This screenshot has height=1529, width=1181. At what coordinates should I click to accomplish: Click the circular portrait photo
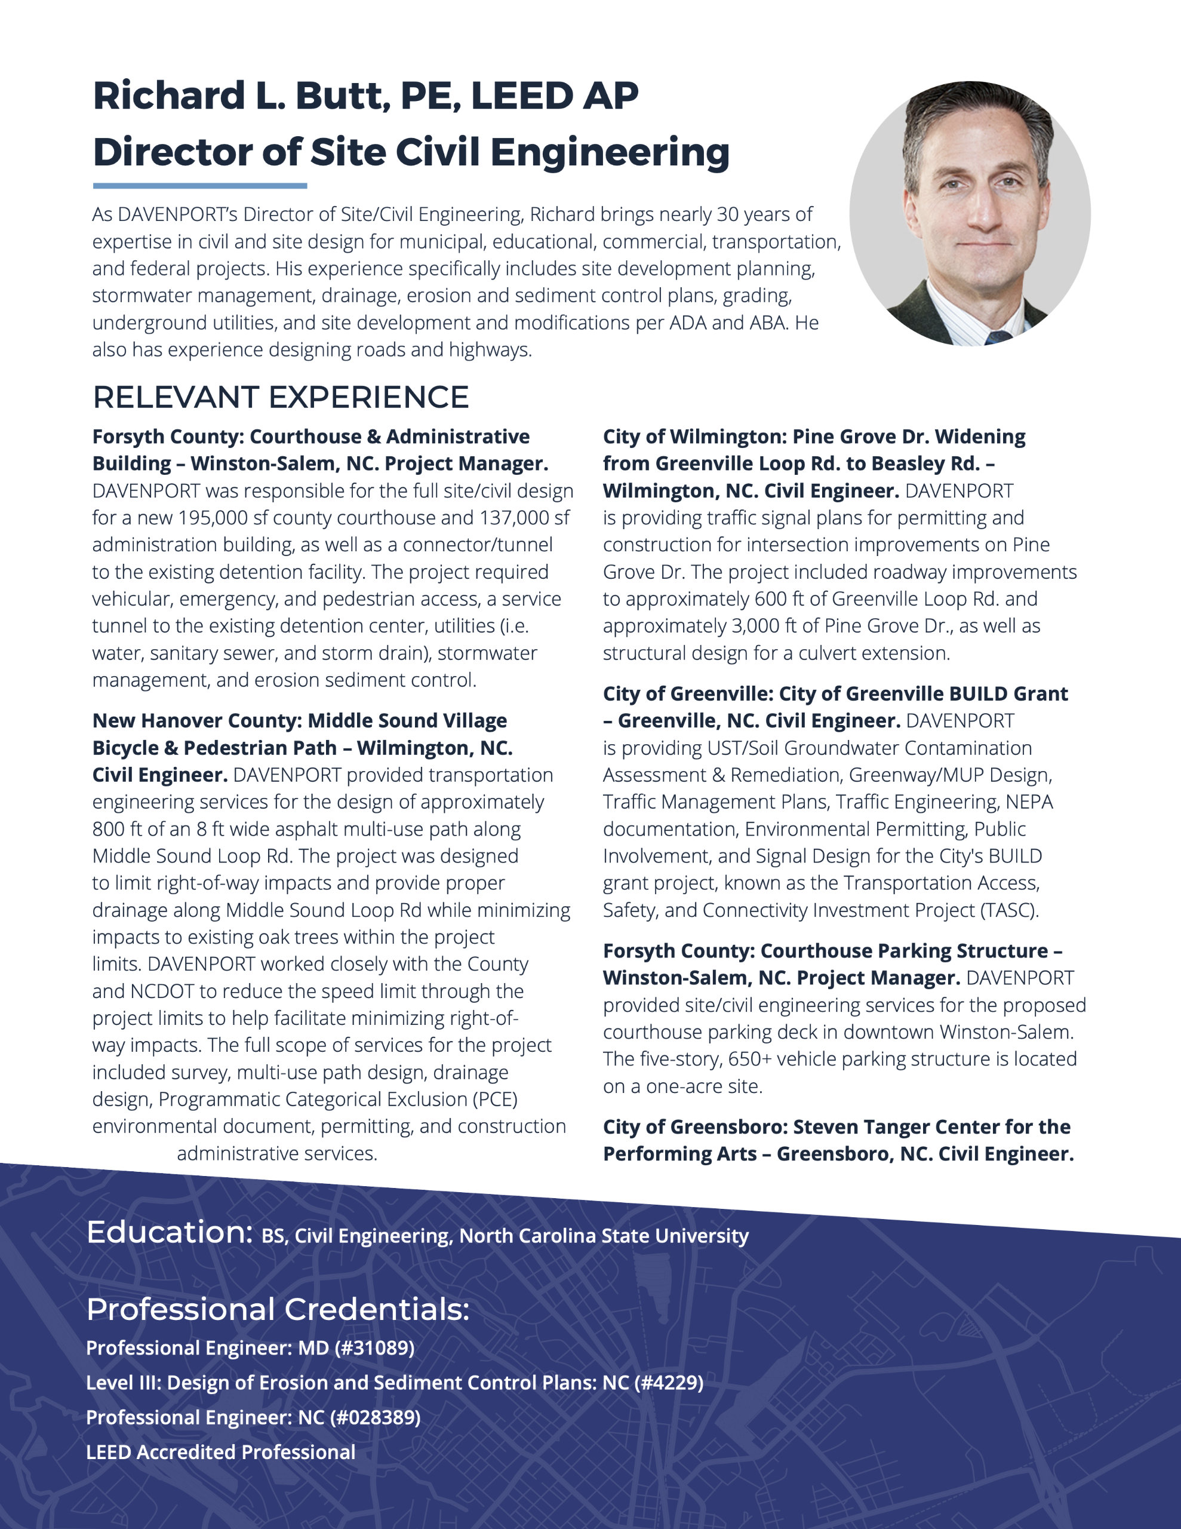pos(970,214)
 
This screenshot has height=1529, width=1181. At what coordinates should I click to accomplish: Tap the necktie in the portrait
pos(998,338)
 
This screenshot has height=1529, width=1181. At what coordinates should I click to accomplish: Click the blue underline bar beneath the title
pos(200,186)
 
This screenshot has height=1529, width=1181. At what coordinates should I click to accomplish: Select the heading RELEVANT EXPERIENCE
pos(281,398)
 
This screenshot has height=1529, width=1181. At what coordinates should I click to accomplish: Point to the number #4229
pos(669,1383)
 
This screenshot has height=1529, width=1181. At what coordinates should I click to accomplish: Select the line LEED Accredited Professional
pos(220,1452)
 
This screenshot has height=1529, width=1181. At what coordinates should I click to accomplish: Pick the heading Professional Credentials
pos(277,1310)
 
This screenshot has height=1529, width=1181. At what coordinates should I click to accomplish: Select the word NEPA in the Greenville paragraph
pos(1029,802)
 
